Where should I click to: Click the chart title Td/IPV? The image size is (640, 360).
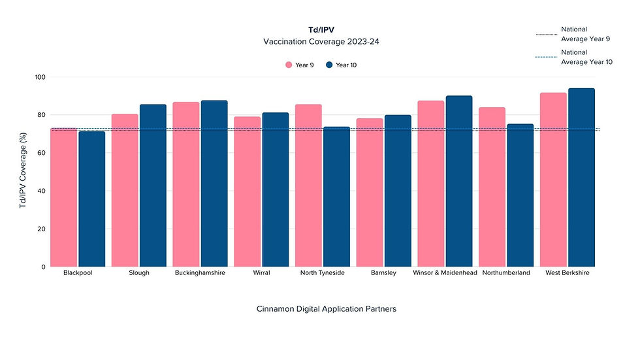(x=320, y=30)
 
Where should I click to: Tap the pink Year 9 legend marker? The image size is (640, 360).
(x=288, y=65)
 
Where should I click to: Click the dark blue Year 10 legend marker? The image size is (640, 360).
(x=329, y=65)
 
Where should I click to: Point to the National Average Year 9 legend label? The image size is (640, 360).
(x=585, y=34)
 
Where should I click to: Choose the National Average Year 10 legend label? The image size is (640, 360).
(x=586, y=57)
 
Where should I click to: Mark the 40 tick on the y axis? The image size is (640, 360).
(x=40, y=191)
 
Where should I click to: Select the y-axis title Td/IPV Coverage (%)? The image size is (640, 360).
(x=23, y=171)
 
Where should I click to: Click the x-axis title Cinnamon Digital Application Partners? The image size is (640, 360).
(x=326, y=309)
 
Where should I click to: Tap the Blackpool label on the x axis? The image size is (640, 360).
(x=78, y=273)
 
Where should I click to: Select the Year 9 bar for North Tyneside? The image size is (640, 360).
(x=308, y=186)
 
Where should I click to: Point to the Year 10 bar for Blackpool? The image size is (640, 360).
(x=91, y=199)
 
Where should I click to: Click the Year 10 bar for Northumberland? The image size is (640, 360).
(x=520, y=195)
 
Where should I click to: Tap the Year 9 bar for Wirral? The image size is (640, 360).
(x=247, y=192)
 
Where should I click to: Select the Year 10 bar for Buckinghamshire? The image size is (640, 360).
(x=214, y=184)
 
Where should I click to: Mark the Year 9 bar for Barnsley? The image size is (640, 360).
(x=370, y=193)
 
